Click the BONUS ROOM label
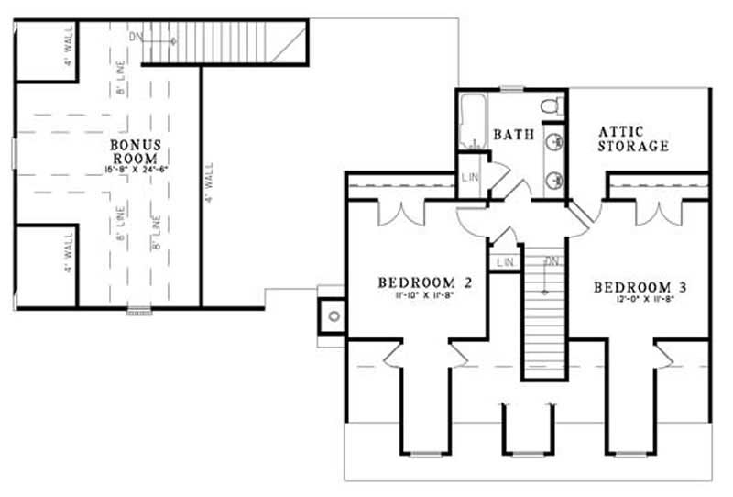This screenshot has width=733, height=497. coord(137,151)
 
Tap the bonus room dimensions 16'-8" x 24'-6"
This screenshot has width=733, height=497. coord(137,170)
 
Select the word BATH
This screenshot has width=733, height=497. coord(514,135)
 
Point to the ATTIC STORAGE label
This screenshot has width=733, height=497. coord(633,138)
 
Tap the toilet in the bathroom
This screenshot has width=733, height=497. coord(551,107)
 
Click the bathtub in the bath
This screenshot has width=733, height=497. coord(473,124)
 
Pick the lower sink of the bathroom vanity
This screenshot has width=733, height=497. coord(555,179)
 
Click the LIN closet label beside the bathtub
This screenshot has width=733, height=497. coord(470,177)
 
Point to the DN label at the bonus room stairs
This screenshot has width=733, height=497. coord(136,37)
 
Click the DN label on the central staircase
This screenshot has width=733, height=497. coord(551,262)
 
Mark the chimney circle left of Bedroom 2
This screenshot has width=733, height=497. coord(334,316)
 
